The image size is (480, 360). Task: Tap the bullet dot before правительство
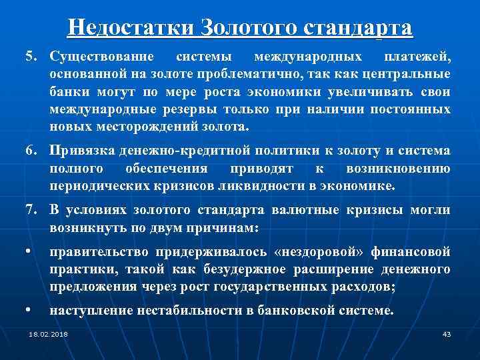29,253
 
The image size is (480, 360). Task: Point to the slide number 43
447,333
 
